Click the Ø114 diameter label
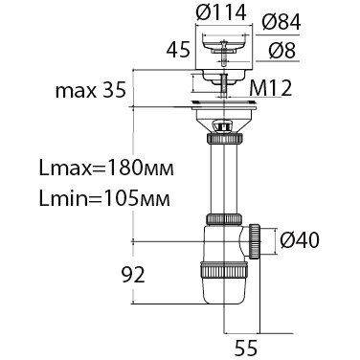coord(221,13)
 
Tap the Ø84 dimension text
coord(281,23)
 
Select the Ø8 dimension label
coord(281,50)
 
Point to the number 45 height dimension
coord(178,50)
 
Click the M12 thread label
coord(270,88)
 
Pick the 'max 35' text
coord(91,91)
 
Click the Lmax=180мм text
coord(106,168)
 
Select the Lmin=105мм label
coord(104,199)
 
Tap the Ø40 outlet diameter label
coord(299,240)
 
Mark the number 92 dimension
coord(133,275)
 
